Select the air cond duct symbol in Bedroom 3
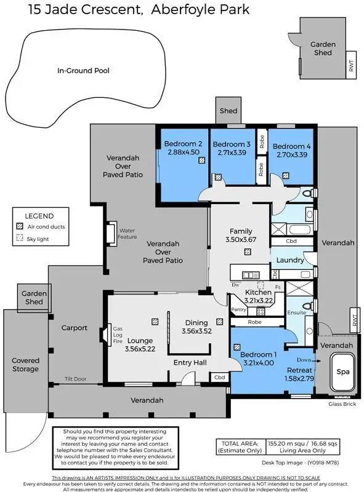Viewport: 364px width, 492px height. pyautogui.click(x=218, y=177)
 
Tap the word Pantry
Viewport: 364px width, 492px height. pyautogui.click(x=238, y=311)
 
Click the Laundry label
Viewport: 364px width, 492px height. pyautogui.click(x=289, y=260)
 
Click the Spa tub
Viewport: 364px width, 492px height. pyautogui.click(x=342, y=373)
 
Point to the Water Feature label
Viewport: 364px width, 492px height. pyautogui.click(x=127, y=233)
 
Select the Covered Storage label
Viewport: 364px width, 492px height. pyautogui.click(x=26, y=365)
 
